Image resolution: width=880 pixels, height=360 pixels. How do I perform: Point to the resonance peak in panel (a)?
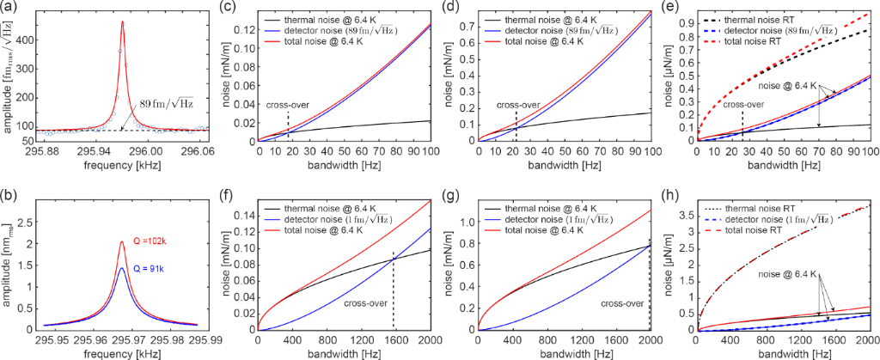(122, 22)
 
